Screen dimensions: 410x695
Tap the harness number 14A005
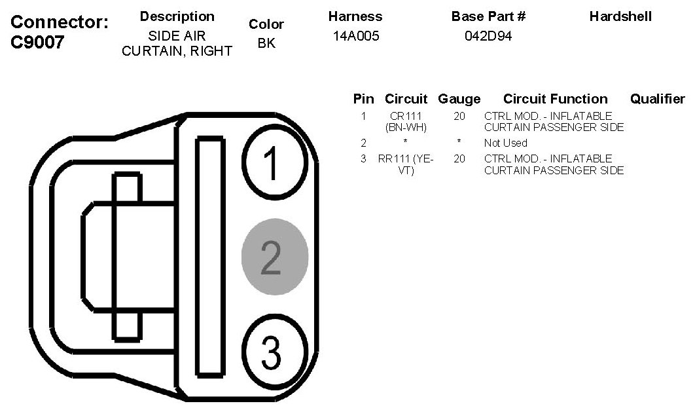356,36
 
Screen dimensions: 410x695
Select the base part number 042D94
488,36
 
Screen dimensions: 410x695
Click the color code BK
266,45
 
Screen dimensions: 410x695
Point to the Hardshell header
620,16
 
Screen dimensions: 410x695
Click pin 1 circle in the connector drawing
274,162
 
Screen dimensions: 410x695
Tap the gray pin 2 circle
275,256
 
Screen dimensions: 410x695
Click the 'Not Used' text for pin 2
505,143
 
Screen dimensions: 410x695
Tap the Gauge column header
459,99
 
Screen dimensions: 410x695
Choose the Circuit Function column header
555,99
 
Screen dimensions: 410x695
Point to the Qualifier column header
657,99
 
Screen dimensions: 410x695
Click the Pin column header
363,99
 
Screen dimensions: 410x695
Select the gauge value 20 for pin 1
459,117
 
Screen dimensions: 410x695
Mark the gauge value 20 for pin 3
459,158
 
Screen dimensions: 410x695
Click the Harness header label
355,16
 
